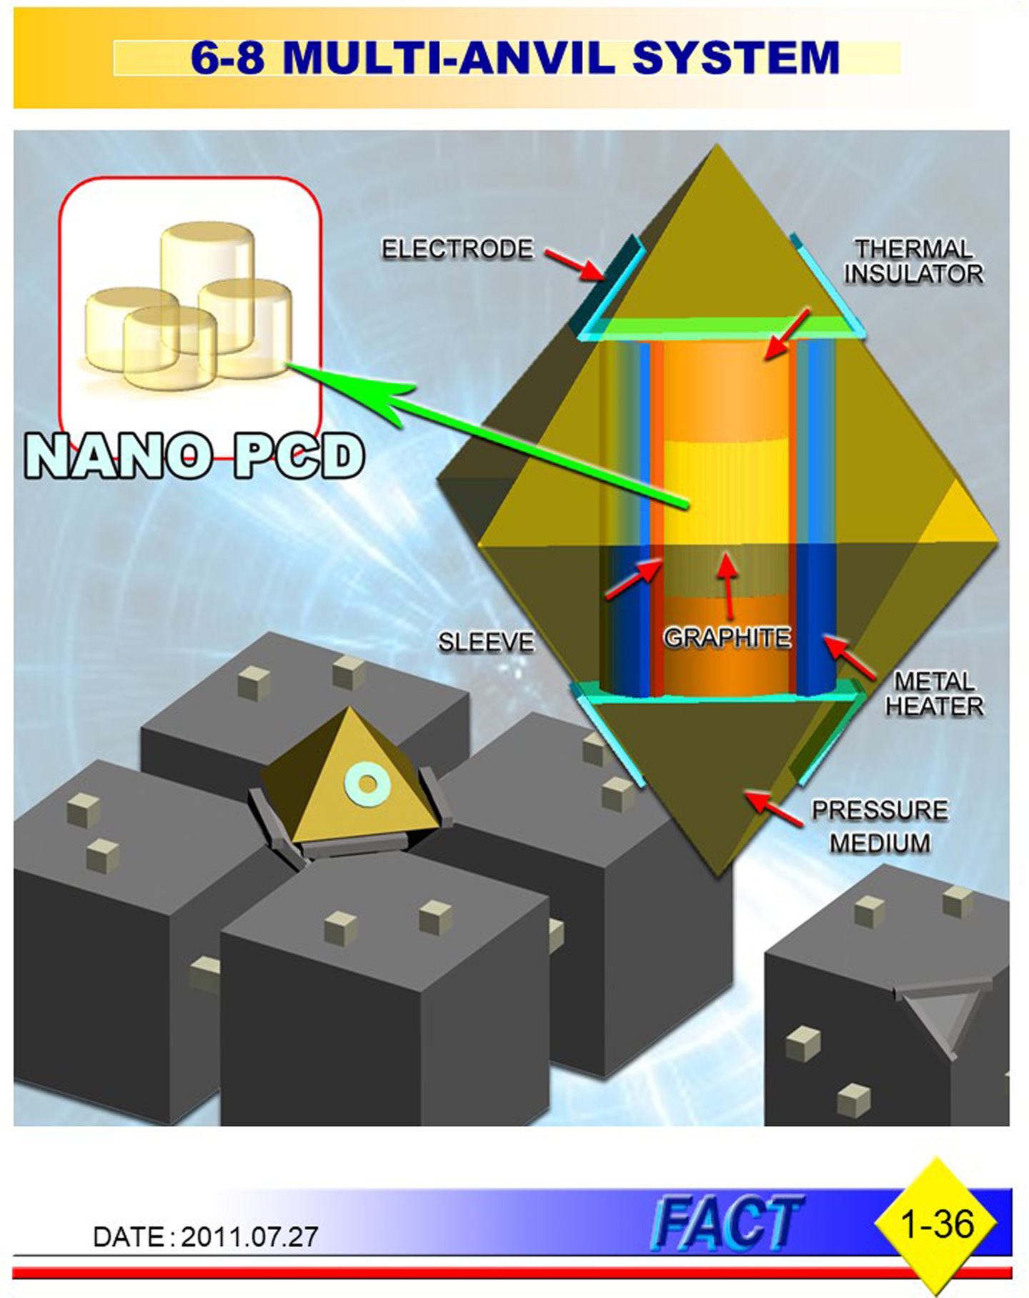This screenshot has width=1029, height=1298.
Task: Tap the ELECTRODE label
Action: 457,249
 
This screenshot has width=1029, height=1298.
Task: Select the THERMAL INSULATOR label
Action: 913,262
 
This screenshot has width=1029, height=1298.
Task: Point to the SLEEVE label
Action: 486,642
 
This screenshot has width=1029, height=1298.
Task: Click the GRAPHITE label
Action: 727,638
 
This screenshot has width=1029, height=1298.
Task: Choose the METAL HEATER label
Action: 934,693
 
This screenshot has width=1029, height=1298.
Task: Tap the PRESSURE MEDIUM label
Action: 880,826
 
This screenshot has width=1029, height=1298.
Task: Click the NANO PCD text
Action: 194,457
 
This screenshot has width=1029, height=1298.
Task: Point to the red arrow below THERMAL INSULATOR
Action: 786,335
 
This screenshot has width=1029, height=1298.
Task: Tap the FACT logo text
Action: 726,1224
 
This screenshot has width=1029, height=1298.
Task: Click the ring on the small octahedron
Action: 367,784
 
